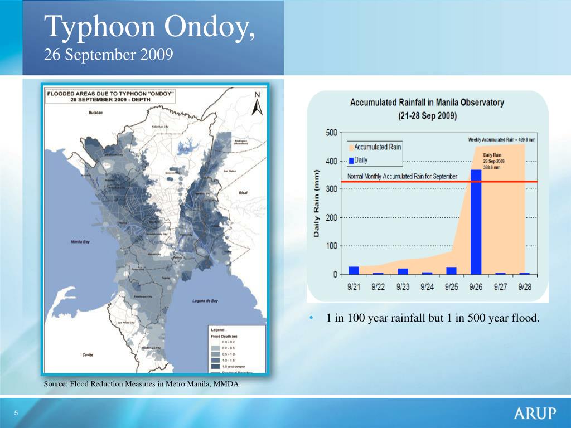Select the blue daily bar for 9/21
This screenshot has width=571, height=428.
coord(354,270)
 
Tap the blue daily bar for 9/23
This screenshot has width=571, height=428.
coord(403,271)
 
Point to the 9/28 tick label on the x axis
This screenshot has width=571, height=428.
coord(524,287)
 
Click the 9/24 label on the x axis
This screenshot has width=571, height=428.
coord(427,287)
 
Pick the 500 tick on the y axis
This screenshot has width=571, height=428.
coord(331,133)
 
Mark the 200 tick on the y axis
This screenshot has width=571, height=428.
coord(331,218)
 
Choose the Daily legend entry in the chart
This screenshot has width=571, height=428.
coord(360,160)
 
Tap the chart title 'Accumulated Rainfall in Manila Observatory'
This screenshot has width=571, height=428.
coord(427,103)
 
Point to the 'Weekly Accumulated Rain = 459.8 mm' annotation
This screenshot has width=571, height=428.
coord(501,140)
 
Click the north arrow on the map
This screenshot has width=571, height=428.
coord(257,104)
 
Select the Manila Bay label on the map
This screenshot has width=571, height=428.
coord(81,242)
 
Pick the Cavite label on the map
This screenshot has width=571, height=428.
coord(88,354)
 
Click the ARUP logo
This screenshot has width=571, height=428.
coord(535,414)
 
